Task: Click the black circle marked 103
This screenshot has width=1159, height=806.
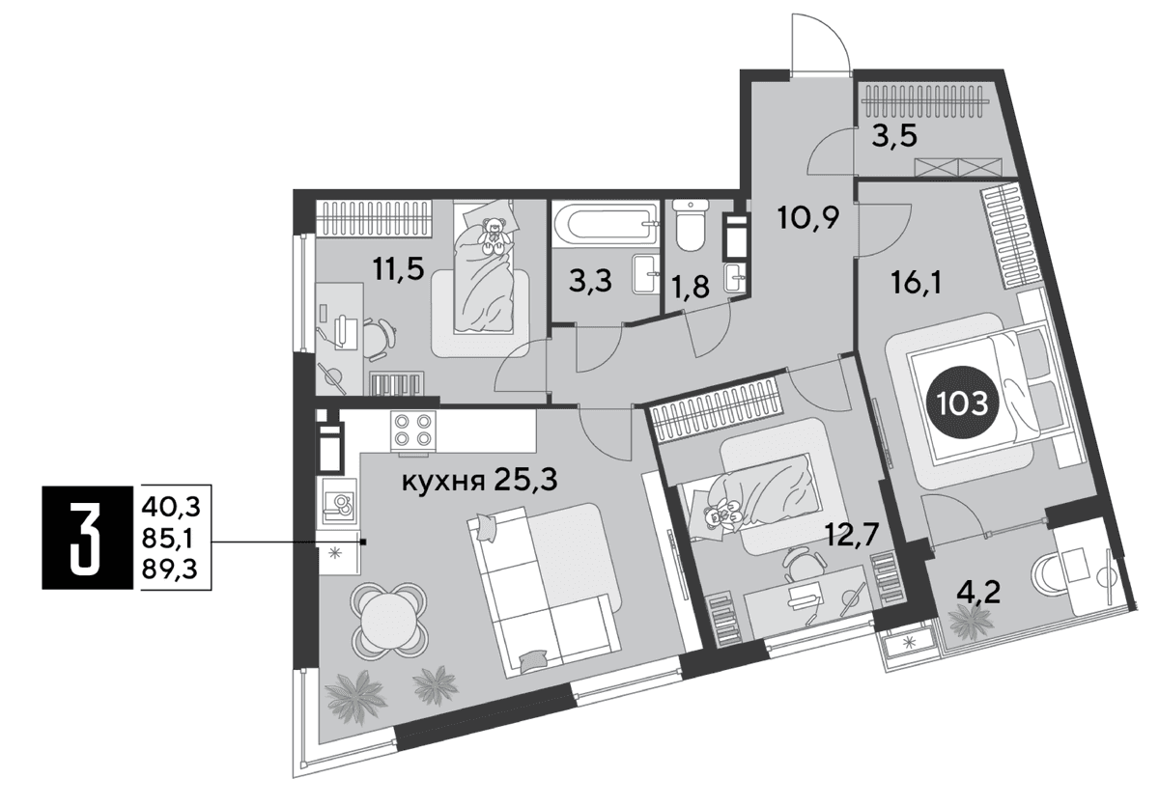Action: tap(962, 403)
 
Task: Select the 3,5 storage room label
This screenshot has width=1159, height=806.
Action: tap(894, 136)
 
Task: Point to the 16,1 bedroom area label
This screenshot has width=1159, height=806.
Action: tap(917, 282)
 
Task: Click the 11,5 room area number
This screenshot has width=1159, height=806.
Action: tap(398, 269)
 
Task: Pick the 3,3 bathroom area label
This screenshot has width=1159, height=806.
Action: tap(590, 282)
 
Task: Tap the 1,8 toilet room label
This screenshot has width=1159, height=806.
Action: tap(691, 286)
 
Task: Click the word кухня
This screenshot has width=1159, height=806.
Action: tap(443, 483)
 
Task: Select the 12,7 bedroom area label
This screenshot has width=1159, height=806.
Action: tap(852, 535)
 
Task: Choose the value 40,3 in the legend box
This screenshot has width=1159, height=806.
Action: tap(171, 507)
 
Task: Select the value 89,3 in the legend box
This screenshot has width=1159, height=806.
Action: tap(170, 570)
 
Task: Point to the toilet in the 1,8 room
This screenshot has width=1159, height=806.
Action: tap(690, 226)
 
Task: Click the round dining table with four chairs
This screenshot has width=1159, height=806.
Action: tap(389, 621)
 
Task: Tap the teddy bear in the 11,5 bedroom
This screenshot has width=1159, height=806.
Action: tap(494, 236)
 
